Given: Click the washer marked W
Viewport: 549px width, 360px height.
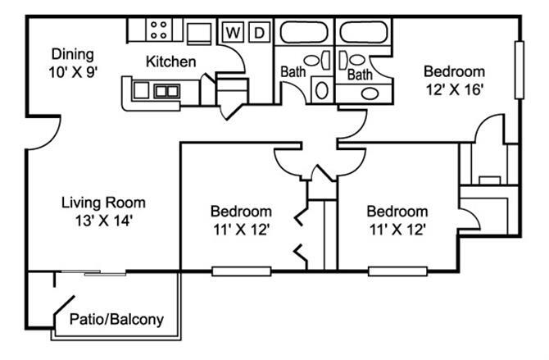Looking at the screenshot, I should (x=234, y=33).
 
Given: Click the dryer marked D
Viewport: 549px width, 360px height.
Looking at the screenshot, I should (x=257, y=33).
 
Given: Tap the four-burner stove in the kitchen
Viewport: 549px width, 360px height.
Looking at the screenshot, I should (x=160, y=31).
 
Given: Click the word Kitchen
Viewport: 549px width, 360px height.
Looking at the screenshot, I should (x=170, y=62).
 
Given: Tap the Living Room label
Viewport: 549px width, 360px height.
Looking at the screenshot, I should (x=104, y=203).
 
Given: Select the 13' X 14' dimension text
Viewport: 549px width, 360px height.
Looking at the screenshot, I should (x=104, y=219).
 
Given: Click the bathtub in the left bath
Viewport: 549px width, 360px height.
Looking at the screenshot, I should (x=303, y=33).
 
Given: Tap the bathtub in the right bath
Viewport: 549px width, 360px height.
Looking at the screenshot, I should (x=365, y=33).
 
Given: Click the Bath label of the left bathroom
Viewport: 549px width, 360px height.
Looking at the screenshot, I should (x=293, y=73).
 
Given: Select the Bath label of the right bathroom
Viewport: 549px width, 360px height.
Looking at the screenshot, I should (x=359, y=75).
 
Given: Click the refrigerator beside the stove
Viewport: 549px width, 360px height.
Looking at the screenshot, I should (x=199, y=33).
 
